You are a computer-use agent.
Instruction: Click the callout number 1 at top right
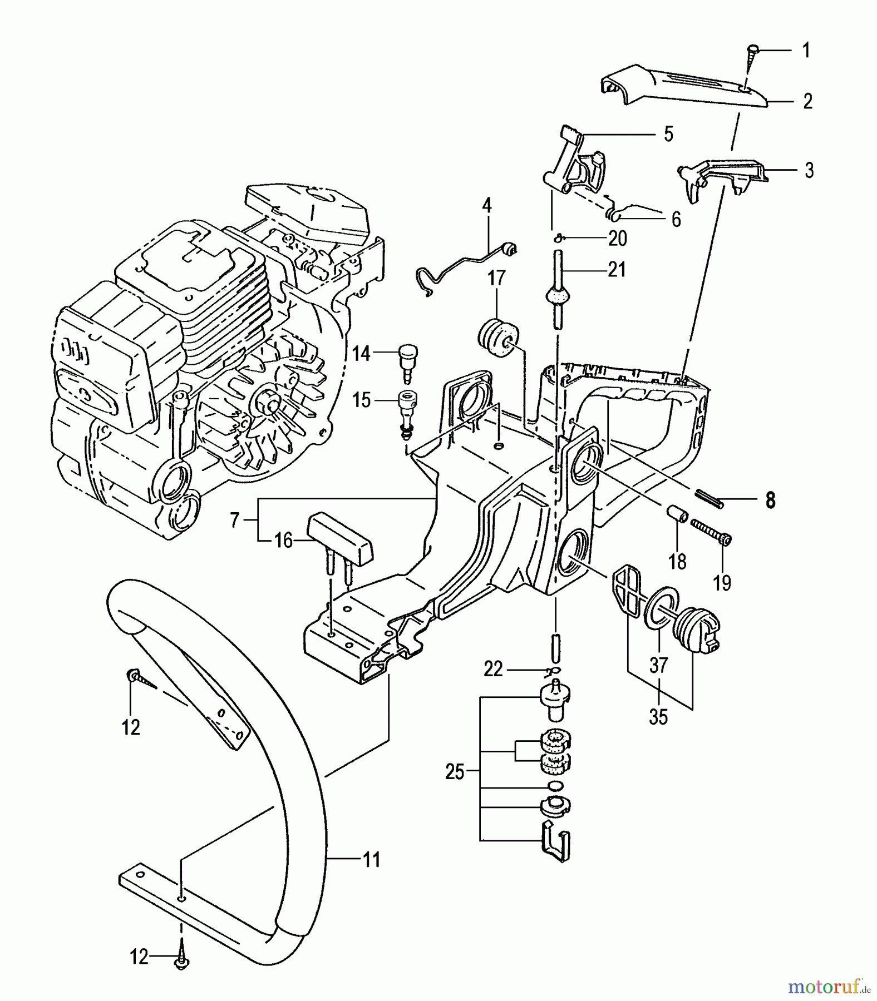(x=806, y=51)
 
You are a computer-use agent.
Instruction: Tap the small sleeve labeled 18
(x=677, y=512)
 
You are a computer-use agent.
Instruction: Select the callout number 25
(x=455, y=772)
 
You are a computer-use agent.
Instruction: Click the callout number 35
(x=658, y=717)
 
